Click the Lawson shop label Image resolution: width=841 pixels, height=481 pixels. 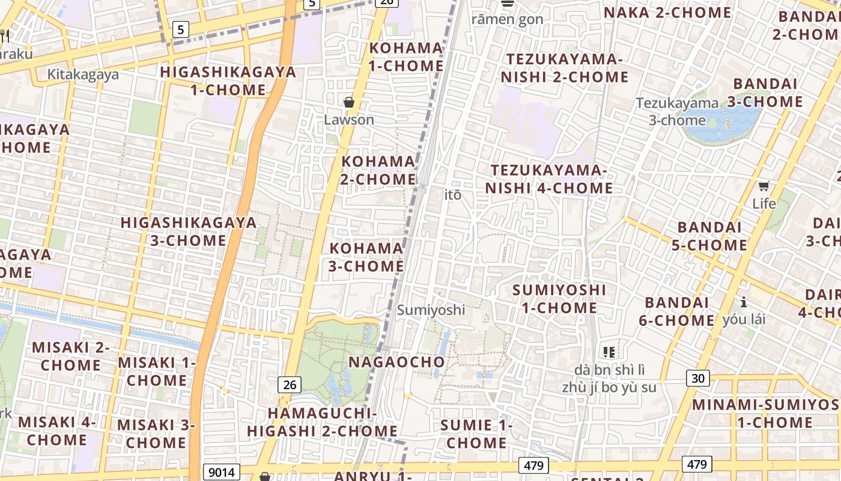click(x=349, y=120)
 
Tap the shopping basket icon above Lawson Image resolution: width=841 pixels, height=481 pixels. click(x=349, y=103)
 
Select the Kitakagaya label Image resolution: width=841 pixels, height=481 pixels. click(x=83, y=75)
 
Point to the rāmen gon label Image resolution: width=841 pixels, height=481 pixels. click(x=507, y=19)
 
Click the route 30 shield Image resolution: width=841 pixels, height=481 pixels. click(x=697, y=378)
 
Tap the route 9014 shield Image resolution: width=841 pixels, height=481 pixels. click(x=222, y=472)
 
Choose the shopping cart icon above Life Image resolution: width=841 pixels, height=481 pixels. click(x=764, y=186)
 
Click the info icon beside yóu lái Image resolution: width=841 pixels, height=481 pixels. click(x=744, y=302)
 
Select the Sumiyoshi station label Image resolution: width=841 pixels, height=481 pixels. click(x=431, y=310)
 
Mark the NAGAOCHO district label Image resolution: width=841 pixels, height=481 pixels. click(x=397, y=362)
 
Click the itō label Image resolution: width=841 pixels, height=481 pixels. click(x=453, y=195)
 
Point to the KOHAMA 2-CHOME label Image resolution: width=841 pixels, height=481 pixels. click(x=378, y=170)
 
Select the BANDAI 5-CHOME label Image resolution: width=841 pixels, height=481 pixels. click(x=712, y=236)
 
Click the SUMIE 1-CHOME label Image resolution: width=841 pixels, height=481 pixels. click(x=476, y=434)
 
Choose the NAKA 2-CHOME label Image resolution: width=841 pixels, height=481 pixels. click(x=667, y=13)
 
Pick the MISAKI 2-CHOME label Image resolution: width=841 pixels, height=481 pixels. click(x=71, y=356)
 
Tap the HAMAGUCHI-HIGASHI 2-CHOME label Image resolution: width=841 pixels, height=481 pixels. click(x=322, y=422)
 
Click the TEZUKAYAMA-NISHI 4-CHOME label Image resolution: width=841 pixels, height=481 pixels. click(x=549, y=179)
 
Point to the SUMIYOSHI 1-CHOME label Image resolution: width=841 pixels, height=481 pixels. click(x=555, y=299)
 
